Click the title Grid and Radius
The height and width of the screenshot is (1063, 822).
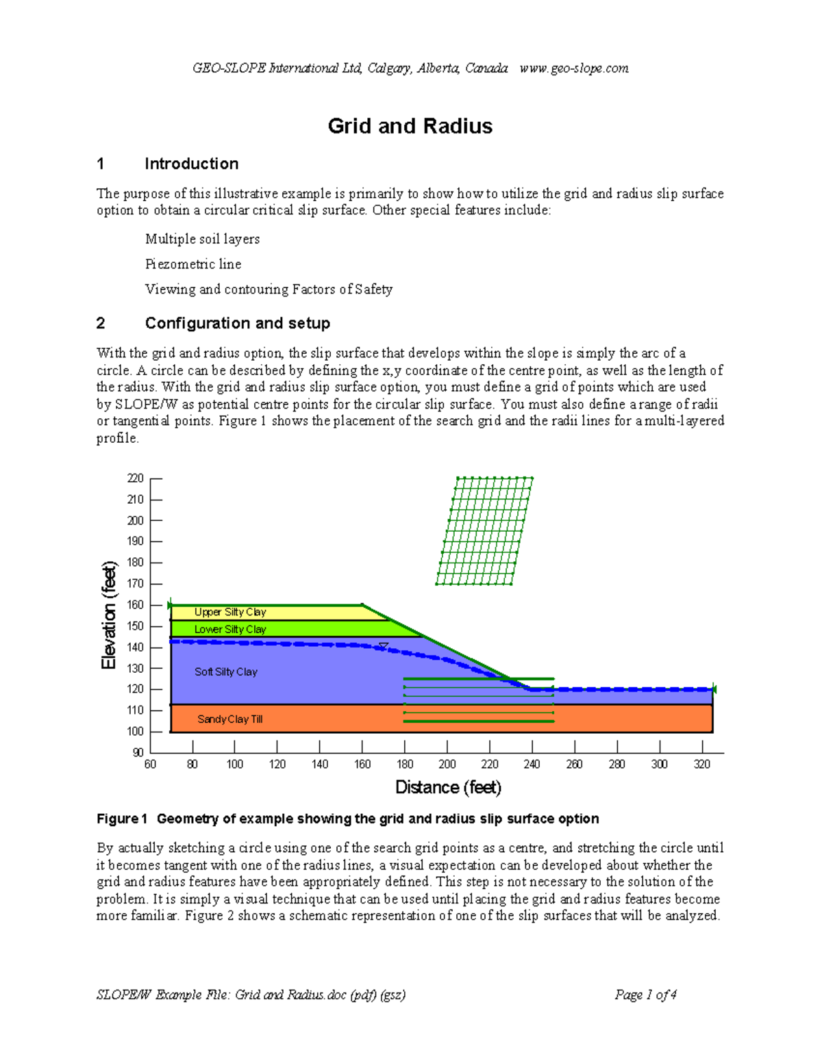[x=410, y=126]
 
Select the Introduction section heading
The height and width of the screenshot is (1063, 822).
[x=191, y=164]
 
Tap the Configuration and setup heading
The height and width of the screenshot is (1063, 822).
[x=237, y=323]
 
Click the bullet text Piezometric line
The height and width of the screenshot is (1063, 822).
[x=193, y=264]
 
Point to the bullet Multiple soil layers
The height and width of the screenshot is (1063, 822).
[x=202, y=239]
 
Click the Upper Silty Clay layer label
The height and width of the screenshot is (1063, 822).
[x=230, y=612]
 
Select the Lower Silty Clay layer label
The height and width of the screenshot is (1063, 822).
[x=230, y=629]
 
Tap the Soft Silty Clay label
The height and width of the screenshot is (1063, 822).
[x=226, y=672]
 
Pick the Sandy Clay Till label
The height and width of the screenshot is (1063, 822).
[x=230, y=719]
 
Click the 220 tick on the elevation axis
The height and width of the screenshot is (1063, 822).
[x=136, y=478]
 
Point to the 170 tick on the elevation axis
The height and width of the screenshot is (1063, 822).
[x=136, y=584]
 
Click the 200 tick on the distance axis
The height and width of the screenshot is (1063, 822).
[x=447, y=764]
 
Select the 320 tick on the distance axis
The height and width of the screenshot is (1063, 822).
[x=702, y=764]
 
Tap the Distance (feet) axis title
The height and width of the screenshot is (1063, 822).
[x=449, y=787]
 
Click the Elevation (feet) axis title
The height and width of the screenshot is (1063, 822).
[x=110, y=615]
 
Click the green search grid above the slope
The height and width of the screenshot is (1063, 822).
[x=485, y=531]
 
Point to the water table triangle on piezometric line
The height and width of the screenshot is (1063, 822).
[x=384, y=646]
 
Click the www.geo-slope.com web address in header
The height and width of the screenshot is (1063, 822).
[x=574, y=68]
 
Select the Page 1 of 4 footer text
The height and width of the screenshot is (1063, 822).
[x=645, y=995]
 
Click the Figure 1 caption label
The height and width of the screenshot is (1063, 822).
[x=122, y=819]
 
